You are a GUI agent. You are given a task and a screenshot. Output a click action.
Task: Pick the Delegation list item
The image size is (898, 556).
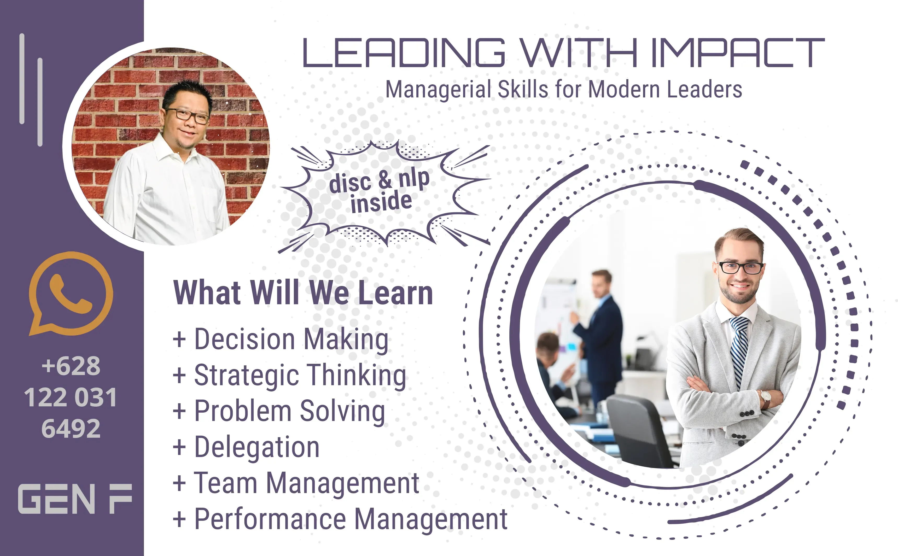tap(246, 447)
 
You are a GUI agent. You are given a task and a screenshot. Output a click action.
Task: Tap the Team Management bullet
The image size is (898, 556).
tap(296, 483)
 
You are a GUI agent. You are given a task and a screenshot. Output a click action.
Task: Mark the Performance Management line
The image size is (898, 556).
tap(340, 519)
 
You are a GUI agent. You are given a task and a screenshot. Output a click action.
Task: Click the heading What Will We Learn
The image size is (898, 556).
tap(303, 293)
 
